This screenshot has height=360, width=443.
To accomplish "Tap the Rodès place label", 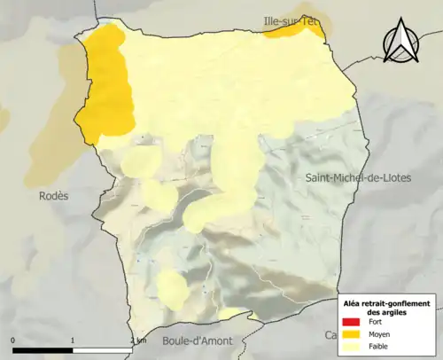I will [52, 195].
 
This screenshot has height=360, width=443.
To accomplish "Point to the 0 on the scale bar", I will [13, 340].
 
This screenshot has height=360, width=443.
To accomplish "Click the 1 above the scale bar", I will [73, 340].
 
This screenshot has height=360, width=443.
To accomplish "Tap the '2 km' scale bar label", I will [137, 340].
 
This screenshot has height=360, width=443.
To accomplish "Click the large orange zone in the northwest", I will [106, 84].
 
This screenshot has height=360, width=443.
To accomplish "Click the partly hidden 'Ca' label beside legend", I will [330, 335].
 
